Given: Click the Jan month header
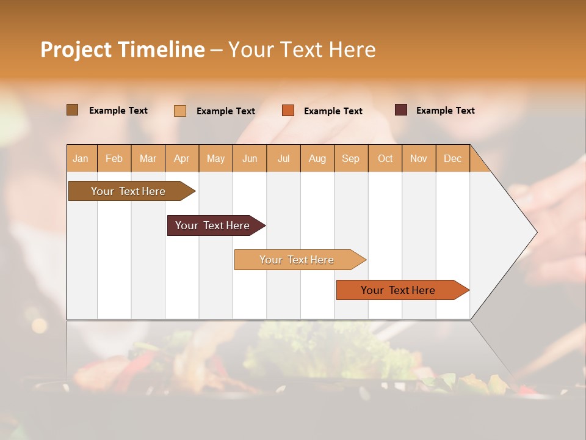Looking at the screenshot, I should (81, 158).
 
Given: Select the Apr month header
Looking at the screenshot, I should (182, 158).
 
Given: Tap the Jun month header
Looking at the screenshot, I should (250, 158).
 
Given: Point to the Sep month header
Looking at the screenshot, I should (350, 158).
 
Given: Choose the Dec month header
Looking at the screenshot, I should (452, 158).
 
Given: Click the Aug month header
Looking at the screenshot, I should (317, 158).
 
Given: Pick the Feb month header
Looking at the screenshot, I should (114, 158).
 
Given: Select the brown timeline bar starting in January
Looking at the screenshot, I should (129, 191).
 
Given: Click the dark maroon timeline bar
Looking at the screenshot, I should (212, 226).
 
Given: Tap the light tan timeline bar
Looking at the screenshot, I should (297, 260).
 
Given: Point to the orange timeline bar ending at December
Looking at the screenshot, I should (398, 290).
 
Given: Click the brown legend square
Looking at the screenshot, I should (72, 110).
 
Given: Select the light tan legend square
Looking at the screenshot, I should (180, 111).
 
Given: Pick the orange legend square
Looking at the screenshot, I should (288, 110).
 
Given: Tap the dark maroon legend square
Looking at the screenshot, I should (401, 110).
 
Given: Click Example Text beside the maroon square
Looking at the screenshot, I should (445, 111).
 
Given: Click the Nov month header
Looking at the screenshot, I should (418, 158).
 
